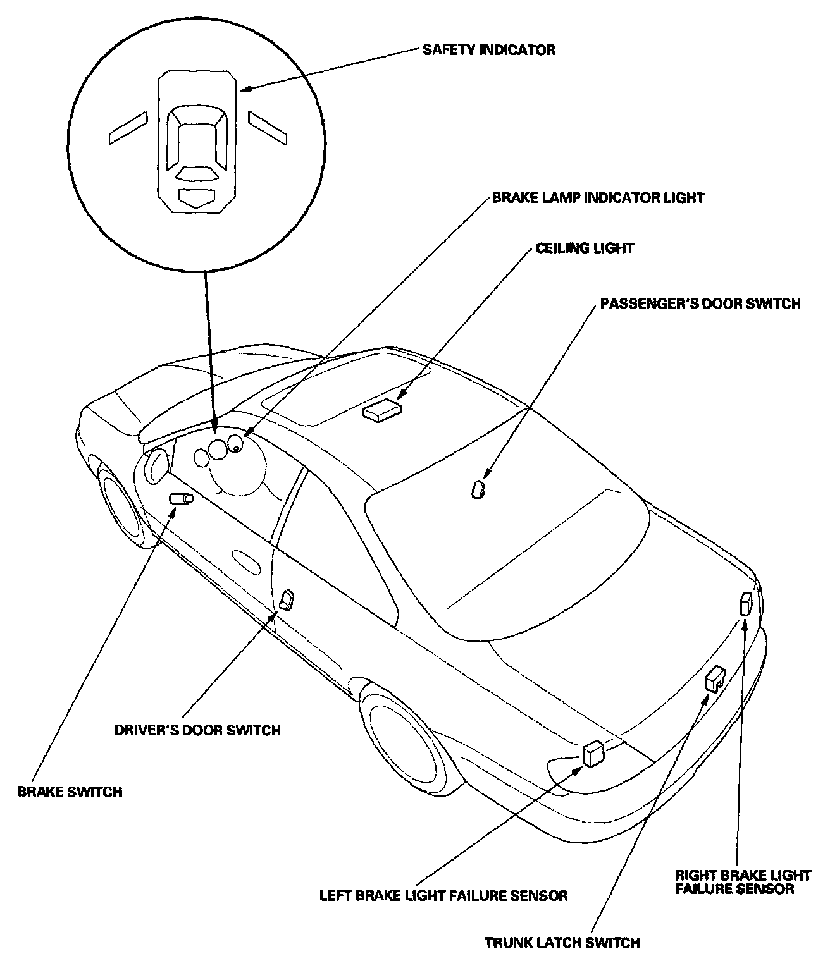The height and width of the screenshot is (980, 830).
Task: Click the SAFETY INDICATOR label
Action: tap(488, 50)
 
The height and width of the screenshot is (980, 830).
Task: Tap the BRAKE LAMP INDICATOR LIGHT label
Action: tap(598, 198)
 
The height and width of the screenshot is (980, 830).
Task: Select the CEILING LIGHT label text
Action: tap(585, 248)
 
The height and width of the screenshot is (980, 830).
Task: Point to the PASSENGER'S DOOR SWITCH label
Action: tap(700, 304)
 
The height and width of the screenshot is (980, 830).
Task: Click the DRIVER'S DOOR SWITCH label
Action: tap(197, 730)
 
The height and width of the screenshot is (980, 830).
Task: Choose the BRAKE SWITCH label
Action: tap(70, 792)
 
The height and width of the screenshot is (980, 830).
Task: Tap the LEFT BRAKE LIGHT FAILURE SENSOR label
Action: tap(443, 895)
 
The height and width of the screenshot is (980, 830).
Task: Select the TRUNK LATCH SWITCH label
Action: tap(562, 943)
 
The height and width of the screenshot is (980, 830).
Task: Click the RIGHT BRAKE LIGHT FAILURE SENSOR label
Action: tap(743, 882)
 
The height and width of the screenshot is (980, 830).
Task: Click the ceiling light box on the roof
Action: tap(382, 408)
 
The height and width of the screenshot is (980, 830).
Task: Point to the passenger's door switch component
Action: tap(478, 489)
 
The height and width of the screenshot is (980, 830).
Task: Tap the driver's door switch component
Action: tap(287, 599)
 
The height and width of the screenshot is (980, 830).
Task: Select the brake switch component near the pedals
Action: tap(181, 498)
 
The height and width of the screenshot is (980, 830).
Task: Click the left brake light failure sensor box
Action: tap(593, 753)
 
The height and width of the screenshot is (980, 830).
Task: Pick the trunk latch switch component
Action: tap(715, 678)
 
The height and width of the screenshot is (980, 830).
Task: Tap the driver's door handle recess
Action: tap(245, 561)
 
